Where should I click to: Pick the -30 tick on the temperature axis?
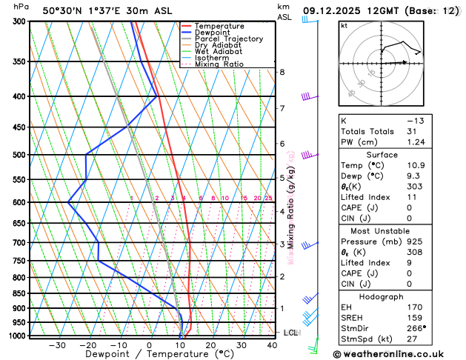pyautogui.click(x=56, y=345)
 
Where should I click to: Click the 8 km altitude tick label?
pyautogui.click(x=282, y=72)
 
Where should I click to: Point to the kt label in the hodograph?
pyautogui.click(x=344, y=26)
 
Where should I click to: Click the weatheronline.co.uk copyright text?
pyautogui.click(x=393, y=355)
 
